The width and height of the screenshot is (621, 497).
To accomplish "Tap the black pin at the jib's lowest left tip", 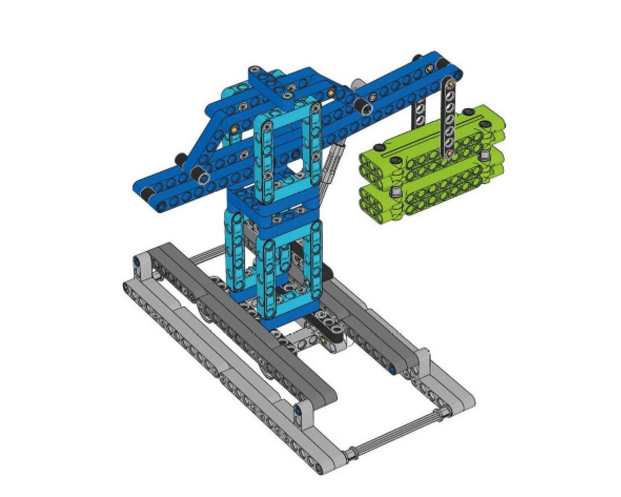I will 145,196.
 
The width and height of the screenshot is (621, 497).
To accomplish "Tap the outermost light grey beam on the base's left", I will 205,354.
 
